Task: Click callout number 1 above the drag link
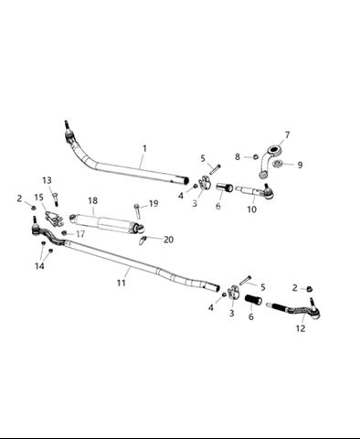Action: point(144,149)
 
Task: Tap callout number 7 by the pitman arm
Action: point(287,134)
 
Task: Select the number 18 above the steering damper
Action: point(93,200)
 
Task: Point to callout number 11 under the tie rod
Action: point(122,283)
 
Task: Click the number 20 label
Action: point(168,240)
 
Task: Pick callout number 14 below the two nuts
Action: point(39,266)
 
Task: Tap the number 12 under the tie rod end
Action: point(301,328)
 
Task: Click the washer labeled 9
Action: point(277,164)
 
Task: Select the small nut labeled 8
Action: point(256,156)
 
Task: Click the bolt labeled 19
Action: point(137,210)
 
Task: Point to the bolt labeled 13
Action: point(55,199)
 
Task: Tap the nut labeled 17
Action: point(64,233)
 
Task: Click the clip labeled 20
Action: point(143,241)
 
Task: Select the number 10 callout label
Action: point(252,209)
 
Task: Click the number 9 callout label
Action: point(300,165)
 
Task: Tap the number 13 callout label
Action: point(47,180)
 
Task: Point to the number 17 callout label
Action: point(80,234)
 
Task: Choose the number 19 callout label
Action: point(154,203)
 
